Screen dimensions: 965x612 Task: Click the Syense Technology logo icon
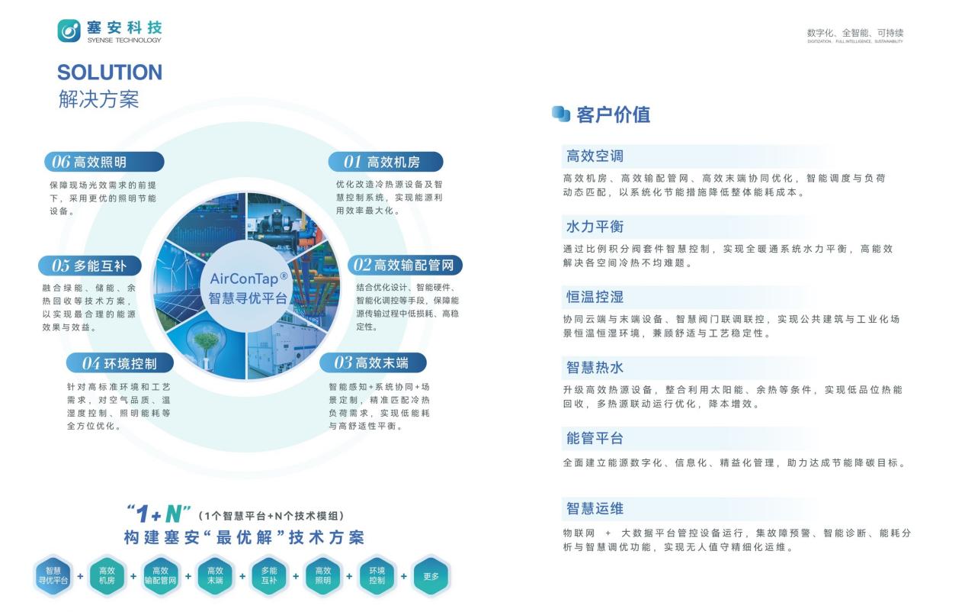click(x=69, y=31)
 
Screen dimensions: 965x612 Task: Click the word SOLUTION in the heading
click(x=110, y=72)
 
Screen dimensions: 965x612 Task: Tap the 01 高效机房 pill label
click(x=386, y=163)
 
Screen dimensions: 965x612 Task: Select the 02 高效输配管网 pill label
click(x=405, y=265)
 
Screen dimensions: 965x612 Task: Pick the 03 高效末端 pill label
click(x=373, y=362)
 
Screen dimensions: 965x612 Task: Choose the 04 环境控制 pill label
click(x=120, y=363)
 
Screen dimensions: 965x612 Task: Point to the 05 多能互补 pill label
click(x=90, y=266)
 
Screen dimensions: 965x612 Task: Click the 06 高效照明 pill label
click(x=104, y=163)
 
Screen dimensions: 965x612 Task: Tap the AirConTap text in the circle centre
click(x=248, y=279)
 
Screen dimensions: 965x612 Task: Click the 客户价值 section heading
click(x=613, y=114)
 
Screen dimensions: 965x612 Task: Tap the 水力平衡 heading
click(x=595, y=227)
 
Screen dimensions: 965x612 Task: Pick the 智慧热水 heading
click(x=595, y=368)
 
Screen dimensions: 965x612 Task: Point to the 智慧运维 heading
click(x=595, y=508)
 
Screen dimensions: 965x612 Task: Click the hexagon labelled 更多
click(x=431, y=576)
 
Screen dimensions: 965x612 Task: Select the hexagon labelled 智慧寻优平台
click(x=53, y=576)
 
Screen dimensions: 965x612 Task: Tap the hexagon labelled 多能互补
click(x=269, y=576)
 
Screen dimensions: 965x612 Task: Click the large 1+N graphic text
click(x=159, y=514)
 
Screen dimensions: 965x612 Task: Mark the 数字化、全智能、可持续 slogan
click(x=855, y=33)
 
